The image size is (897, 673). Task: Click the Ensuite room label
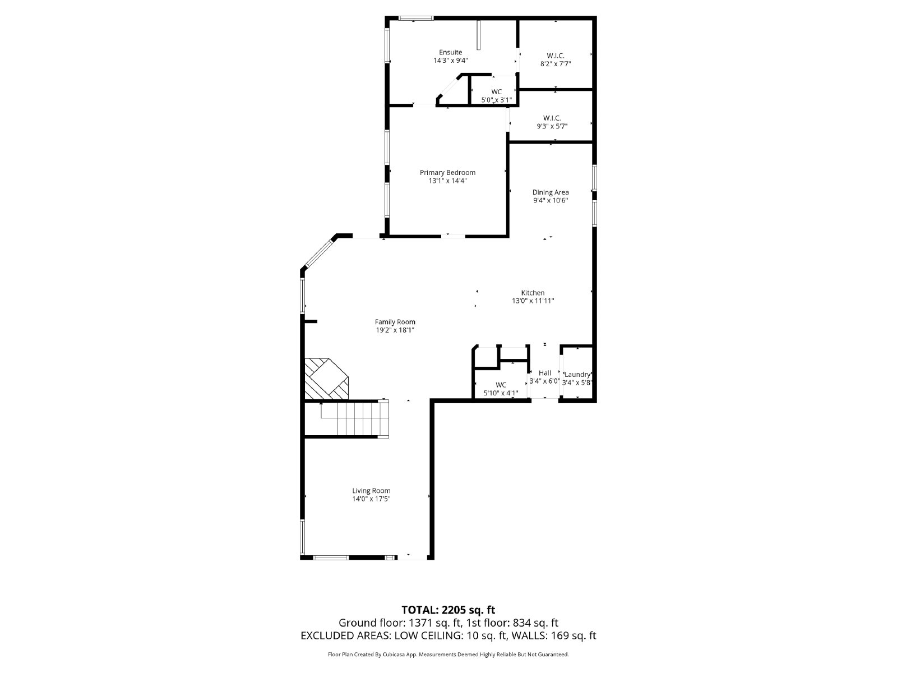(x=450, y=52)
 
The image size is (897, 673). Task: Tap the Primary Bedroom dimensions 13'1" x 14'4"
(x=447, y=181)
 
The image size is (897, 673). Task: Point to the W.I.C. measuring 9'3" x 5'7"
(x=552, y=126)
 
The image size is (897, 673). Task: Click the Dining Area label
(x=550, y=192)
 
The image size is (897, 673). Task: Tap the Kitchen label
(x=533, y=293)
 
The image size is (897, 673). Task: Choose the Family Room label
(x=395, y=322)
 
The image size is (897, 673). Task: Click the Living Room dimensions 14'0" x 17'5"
(x=371, y=499)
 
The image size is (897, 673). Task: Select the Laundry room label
(x=577, y=374)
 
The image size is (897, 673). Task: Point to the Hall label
(x=544, y=373)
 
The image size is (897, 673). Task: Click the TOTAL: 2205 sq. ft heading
(x=448, y=610)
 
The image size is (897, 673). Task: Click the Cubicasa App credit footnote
(x=448, y=654)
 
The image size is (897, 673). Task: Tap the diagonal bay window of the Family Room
(x=318, y=253)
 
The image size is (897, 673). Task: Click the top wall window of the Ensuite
(x=415, y=18)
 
